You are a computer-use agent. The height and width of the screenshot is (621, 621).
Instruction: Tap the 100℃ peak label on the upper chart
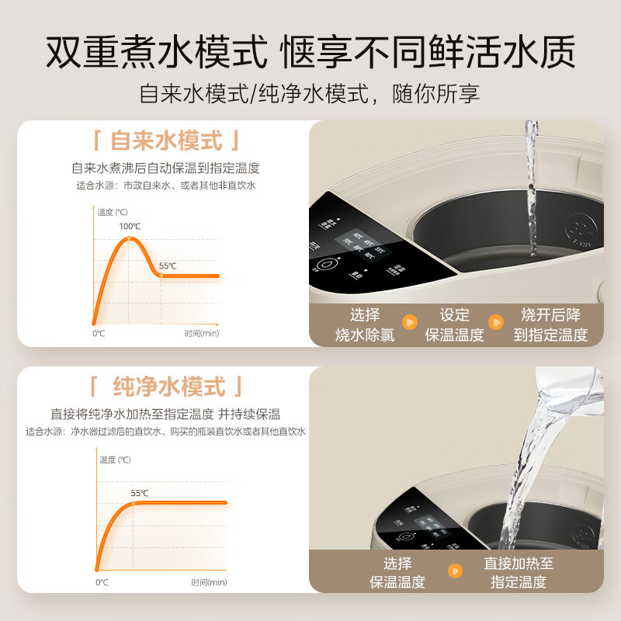coord(130,226)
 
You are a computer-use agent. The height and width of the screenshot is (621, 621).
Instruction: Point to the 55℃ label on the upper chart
coord(168,265)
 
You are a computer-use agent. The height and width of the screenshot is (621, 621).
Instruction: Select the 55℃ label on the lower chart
coord(139,492)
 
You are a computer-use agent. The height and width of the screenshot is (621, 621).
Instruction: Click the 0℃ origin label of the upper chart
coord(99,333)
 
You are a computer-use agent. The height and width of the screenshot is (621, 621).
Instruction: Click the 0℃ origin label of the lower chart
coord(102,581)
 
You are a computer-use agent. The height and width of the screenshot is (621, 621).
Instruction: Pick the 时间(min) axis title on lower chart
coord(209,581)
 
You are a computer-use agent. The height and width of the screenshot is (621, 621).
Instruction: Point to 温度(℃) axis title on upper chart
coord(113,211)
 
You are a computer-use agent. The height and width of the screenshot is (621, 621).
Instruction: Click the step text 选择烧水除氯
coord(365,324)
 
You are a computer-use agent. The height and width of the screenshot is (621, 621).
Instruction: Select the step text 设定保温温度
coord(454,324)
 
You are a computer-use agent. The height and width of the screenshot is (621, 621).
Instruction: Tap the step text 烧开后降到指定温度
coord(550,324)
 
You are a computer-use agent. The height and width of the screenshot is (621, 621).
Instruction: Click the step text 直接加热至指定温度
coord(519,573)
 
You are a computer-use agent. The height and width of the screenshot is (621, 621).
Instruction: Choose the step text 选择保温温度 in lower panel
coord(397,573)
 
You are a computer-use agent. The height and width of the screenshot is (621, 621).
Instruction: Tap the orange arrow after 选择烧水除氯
coord(409,322)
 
